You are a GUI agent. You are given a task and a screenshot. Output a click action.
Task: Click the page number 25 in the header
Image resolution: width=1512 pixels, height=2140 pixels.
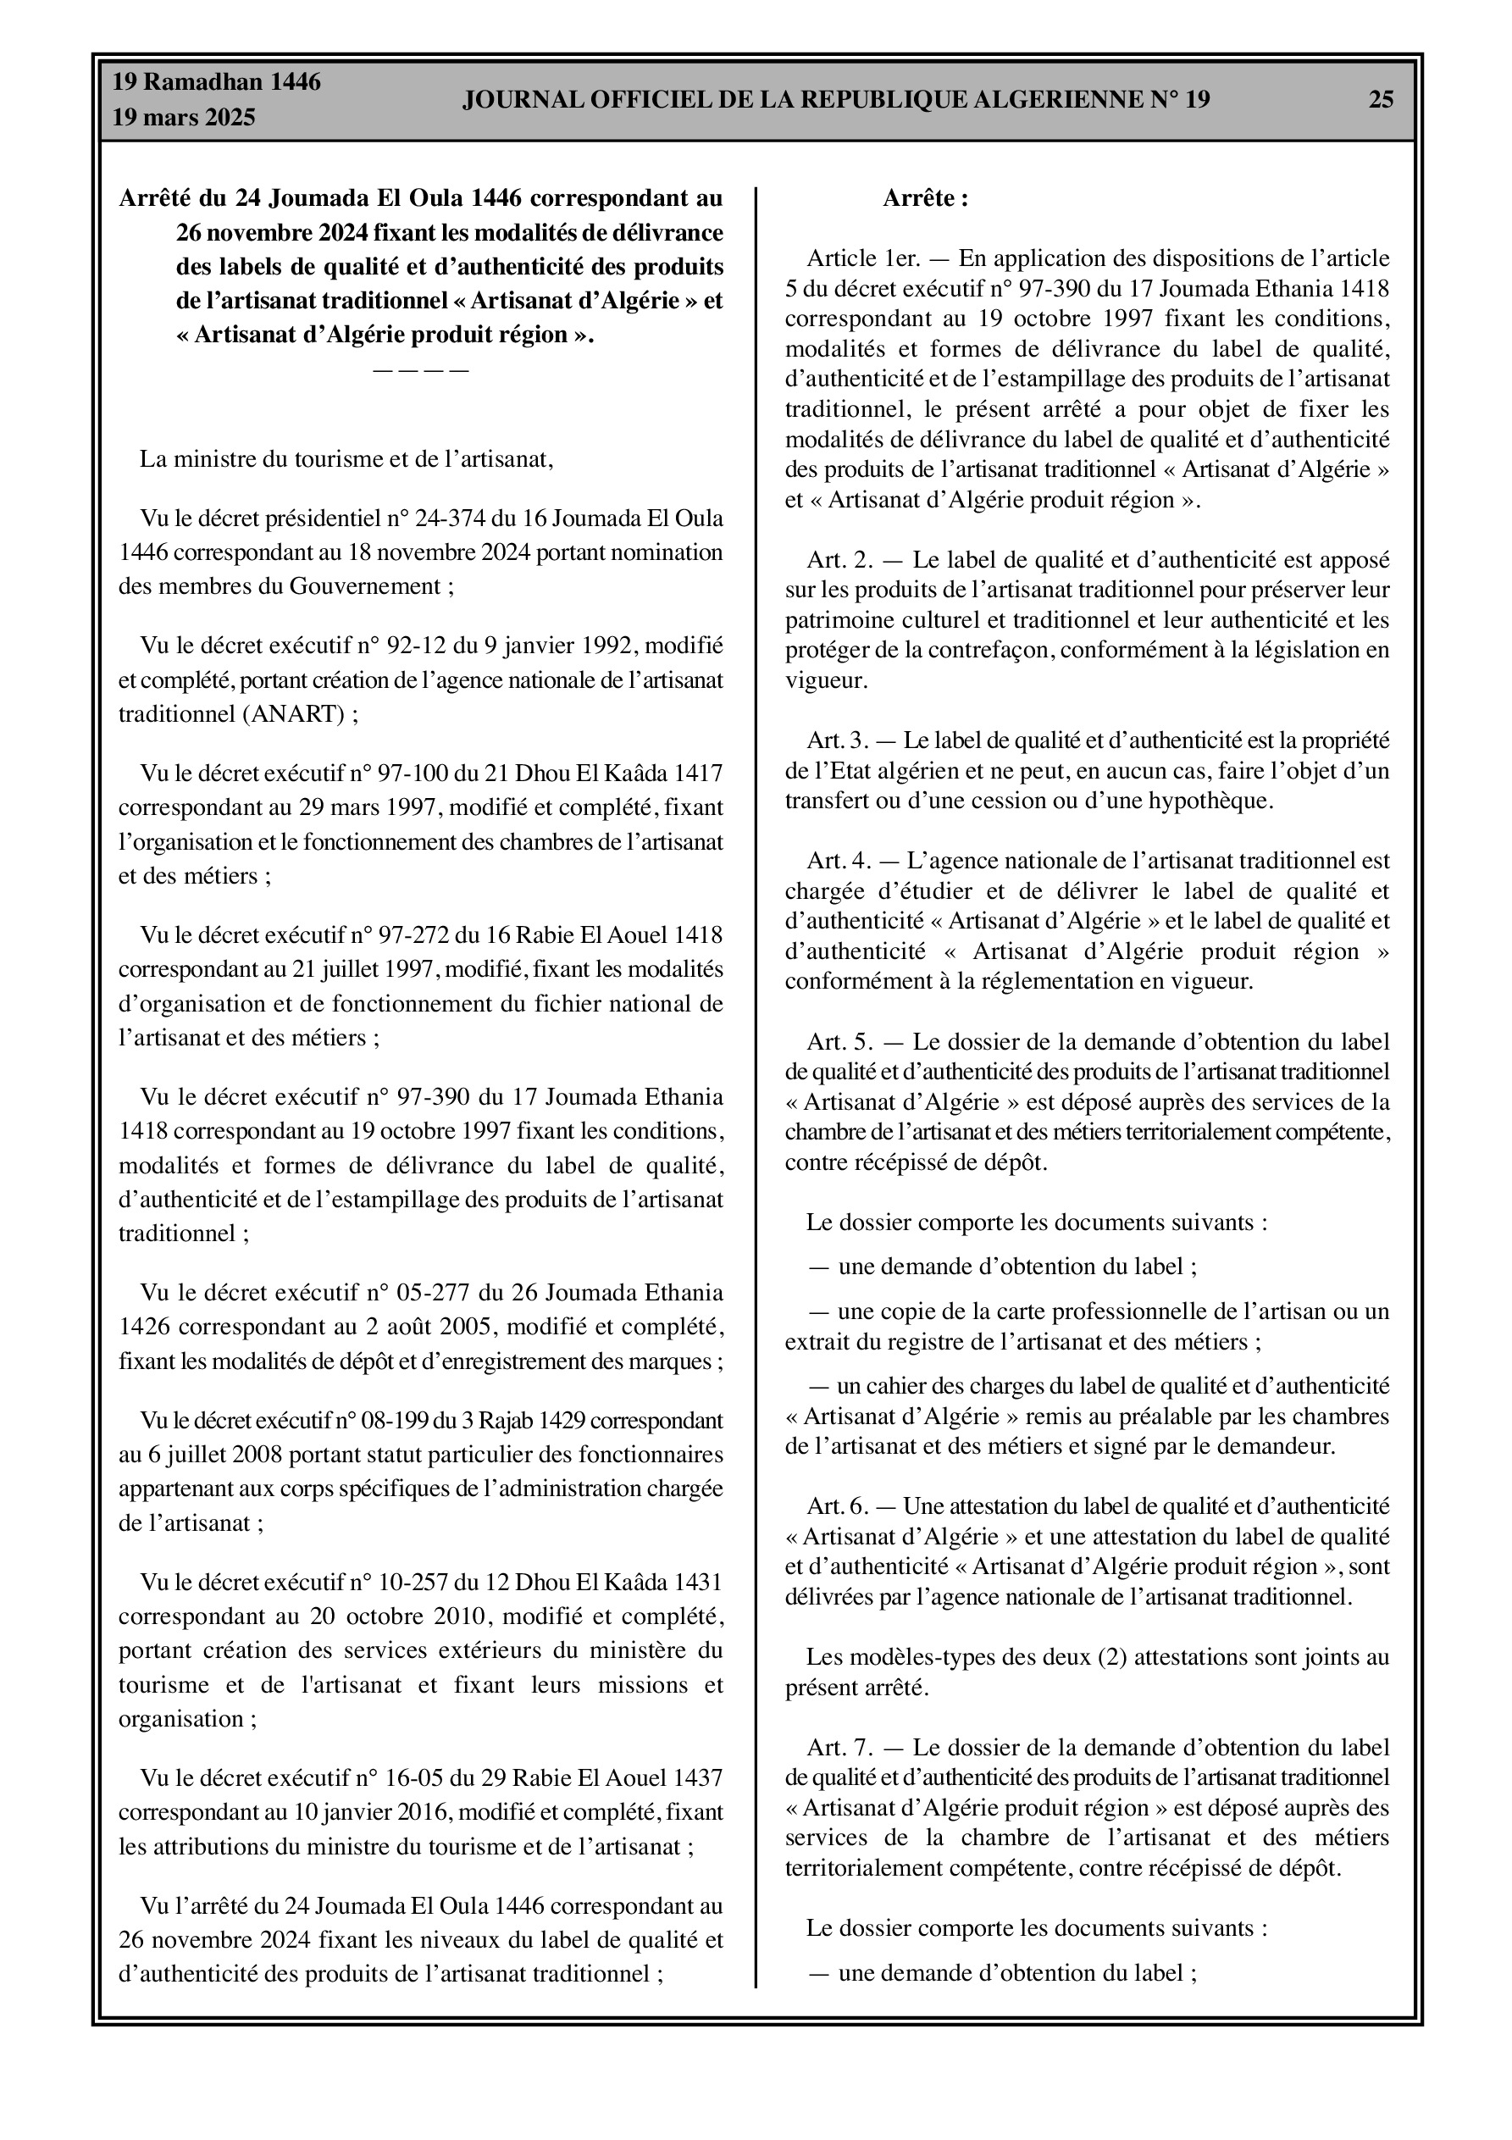click(1381, 99)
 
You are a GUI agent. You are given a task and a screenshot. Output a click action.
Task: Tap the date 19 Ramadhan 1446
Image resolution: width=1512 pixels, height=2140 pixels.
click(216, 82)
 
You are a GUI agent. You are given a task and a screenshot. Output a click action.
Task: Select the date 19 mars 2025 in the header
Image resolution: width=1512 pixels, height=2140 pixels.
click(184, 119)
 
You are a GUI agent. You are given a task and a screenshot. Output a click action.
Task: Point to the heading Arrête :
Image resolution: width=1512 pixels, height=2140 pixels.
click(926, 198)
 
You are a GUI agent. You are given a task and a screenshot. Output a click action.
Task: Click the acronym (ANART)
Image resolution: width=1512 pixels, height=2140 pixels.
click(301, 714)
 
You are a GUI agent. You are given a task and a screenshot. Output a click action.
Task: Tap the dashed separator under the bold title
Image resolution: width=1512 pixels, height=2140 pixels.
click(420, 371)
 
